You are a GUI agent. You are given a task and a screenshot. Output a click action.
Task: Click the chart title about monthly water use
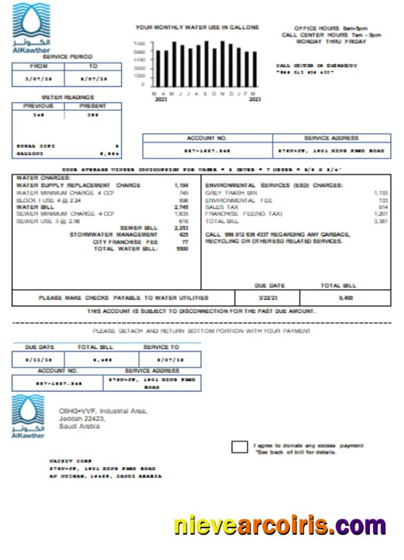[197, 28]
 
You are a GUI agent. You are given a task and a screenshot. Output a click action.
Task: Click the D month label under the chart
[230, 94]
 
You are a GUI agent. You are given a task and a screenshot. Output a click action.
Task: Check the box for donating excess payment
[239, 447]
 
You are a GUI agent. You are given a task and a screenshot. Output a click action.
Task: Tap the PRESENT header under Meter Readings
[93, 106]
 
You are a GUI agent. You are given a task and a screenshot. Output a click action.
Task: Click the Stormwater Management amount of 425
[183, 235]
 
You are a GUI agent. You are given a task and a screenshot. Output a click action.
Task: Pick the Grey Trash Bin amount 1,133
[380, 193]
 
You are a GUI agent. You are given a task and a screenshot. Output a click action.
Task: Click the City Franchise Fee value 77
[184, 242]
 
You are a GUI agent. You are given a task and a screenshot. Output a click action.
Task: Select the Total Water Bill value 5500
[182, 249]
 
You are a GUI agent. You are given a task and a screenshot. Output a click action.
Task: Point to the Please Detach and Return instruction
[201, 331]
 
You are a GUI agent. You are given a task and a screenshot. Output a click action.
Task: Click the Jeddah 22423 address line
[82, 419]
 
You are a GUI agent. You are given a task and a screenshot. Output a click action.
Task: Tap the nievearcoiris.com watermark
[279, 525]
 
